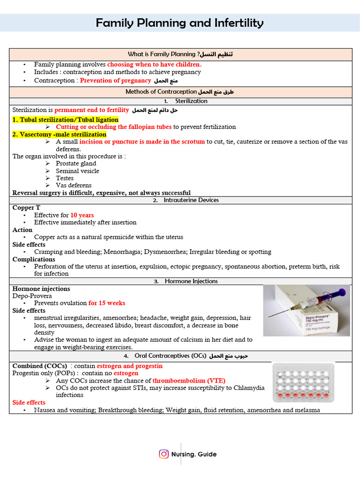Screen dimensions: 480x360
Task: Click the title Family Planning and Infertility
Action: pyautogui.click(x=180, y=22)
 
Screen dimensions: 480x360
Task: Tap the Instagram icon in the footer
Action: pyautogui.click(x=164, y=454)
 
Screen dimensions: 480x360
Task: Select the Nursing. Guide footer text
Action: pyautogui.click(x=194, y=454)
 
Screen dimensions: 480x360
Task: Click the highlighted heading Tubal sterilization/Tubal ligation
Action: pyautogui.click(x=65, y=120)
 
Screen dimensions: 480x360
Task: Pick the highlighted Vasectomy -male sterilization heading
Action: pyautogui.click(x=59, y=135)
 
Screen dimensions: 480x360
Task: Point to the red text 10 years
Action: pyautogui.click(x=82, y=215)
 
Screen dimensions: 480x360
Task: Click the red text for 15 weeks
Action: pyautogui.click(x=107, y=303)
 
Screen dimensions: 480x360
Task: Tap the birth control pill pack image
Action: pyautogui.click(x=303, y=382)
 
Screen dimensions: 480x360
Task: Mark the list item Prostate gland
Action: pyautogui.click(x=75, y=164)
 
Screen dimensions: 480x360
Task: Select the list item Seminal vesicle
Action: pyautogui.click(x=77, y=171)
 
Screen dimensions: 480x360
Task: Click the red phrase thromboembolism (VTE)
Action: pyautogui.click(x=189, y=381)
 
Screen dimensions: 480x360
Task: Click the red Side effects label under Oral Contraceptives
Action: pyautogui.click(x=29, y=403)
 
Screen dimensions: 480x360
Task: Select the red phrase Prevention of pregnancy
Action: pyautogui.click(x=115, y=81)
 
